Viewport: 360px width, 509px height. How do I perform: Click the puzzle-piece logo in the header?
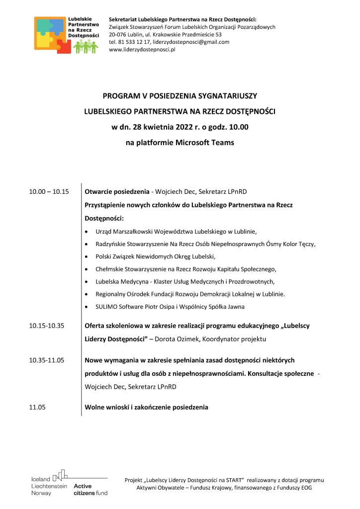click(x=52, y=34)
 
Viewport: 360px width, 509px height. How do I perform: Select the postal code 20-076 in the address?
click(x=119, y=35)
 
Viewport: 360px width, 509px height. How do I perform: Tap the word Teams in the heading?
click(x=220, y=143)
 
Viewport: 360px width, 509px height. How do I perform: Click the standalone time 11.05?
click(x=37, y=407)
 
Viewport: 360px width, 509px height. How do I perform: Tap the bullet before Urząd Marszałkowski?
click(x=87, y=232)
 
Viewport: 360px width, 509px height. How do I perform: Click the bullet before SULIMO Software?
click(x=87, y=307)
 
